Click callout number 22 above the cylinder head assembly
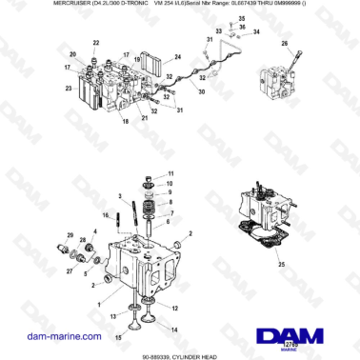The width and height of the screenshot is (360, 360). [x=96, y=44]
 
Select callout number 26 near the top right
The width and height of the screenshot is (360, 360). [x=283, y=44]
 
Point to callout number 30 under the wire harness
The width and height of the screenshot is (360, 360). [x=200, y=92]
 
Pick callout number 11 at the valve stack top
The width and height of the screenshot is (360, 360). [x=171, y=173]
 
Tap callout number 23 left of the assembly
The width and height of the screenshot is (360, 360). [x=68, y=89]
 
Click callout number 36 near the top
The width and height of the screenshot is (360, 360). [x=243, y=27]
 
